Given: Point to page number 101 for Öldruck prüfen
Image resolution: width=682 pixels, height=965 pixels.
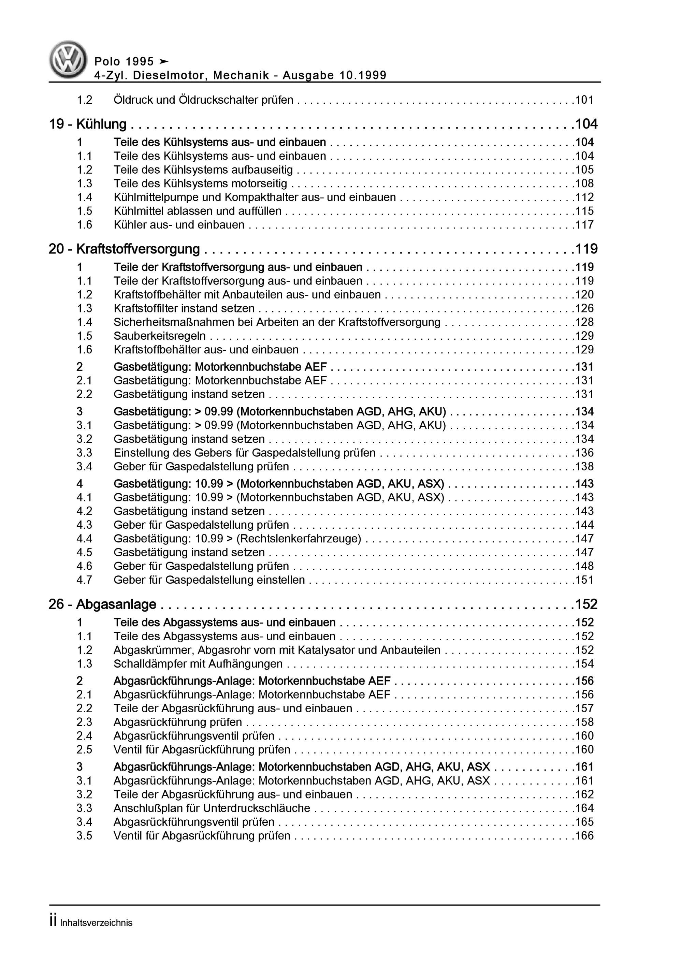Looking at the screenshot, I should click(584, 100).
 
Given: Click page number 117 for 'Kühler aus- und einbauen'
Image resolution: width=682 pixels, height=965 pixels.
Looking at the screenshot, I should click(584, 225).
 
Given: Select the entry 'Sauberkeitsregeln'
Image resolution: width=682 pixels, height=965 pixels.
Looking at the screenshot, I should click(160, 336).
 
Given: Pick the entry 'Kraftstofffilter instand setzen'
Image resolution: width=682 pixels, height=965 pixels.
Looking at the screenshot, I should click(184, 308).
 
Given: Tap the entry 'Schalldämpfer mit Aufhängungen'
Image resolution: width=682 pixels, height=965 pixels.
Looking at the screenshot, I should click(198, 664).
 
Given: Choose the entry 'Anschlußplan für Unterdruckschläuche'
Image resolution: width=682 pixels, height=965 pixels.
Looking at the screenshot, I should click(212, 808).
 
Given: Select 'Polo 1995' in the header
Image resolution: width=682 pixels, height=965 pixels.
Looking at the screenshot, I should click(124, 62).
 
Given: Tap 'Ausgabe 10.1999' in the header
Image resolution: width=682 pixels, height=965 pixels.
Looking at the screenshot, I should click(334, 75).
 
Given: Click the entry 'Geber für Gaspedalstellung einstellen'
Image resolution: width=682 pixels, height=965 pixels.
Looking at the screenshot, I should click(209, 580).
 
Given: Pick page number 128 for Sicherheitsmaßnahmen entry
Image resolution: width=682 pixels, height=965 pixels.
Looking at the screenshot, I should click(584, 322).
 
